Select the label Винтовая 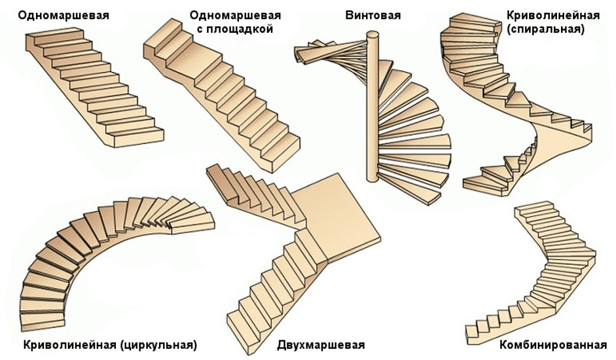(372, 14)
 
